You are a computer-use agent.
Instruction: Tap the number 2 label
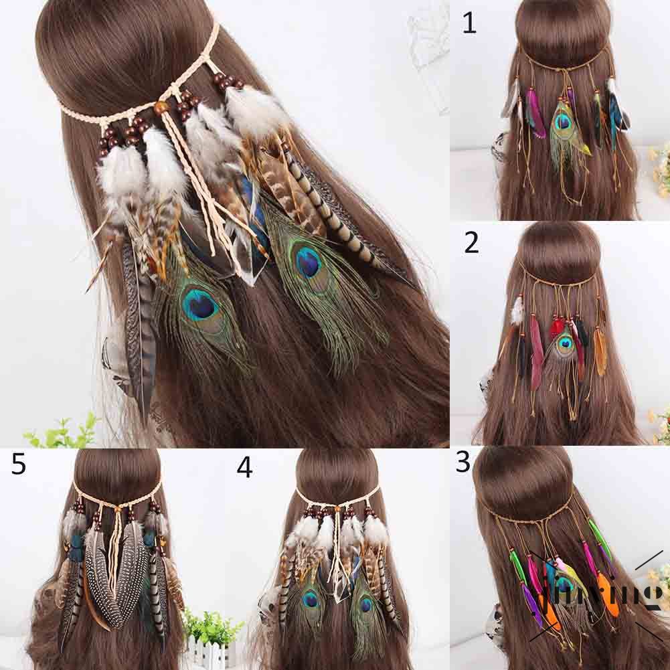(471, 243)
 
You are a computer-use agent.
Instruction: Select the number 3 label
(463, 462)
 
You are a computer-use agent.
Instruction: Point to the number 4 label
(244, 467)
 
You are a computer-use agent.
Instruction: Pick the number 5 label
(18, 463)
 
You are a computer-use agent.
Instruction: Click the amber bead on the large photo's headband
(161, 108)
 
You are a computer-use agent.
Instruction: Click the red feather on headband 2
(556, 328)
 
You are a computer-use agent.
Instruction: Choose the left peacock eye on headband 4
(311, 599)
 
